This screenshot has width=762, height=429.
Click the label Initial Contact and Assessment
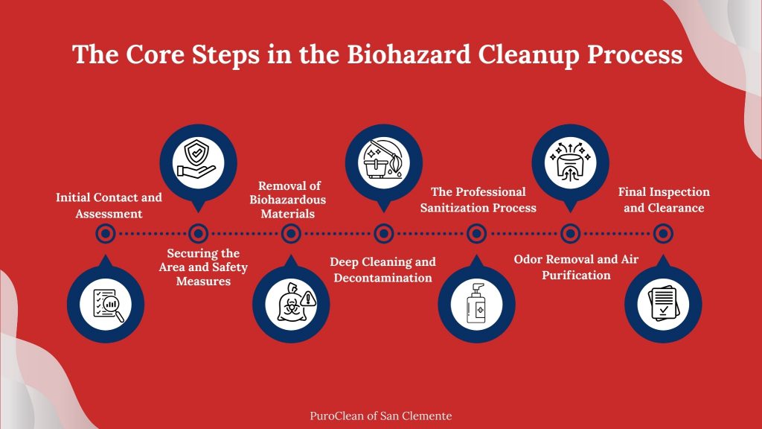click(x=109, y=206)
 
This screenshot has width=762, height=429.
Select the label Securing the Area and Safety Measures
click(x=203, y=267)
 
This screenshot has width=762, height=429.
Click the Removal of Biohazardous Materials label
click(x=292, y=200)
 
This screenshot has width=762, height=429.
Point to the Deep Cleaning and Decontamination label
click(x=383, y=270)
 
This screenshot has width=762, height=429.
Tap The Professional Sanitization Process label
click(x=478, y=200)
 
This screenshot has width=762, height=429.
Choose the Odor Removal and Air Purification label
click(x=576, y=267)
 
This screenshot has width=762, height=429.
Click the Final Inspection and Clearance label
click(x=664, y=200)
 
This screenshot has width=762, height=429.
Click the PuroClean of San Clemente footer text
click(x=381, y=416)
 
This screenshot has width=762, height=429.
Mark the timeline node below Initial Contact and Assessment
click(x=106, y=234)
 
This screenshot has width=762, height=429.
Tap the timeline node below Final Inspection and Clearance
click(x=663, y=234)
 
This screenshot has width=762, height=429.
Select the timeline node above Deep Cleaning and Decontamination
click(x=384, y=234)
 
